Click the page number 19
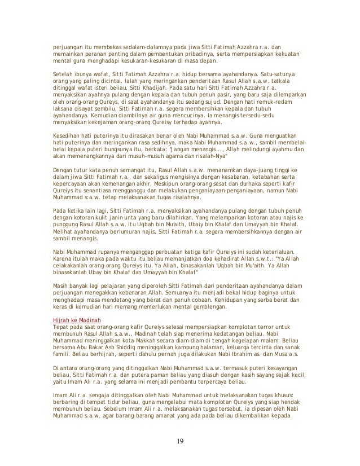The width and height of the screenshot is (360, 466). [x=180, y=440]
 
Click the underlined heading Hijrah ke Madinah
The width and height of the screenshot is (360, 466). [x=69, y=319]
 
